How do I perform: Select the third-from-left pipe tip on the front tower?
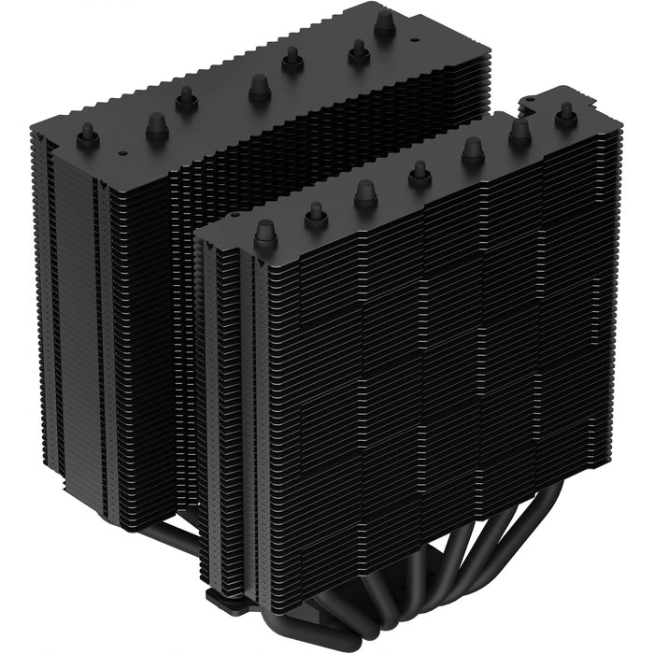365,192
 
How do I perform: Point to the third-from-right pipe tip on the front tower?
473,150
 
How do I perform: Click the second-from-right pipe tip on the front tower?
520,132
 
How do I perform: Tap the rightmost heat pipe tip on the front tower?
564,114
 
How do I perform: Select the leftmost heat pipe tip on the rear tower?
89,136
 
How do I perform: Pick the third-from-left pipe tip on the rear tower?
187,97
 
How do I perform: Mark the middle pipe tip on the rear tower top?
259,88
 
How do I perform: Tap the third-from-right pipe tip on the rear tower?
292,59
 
